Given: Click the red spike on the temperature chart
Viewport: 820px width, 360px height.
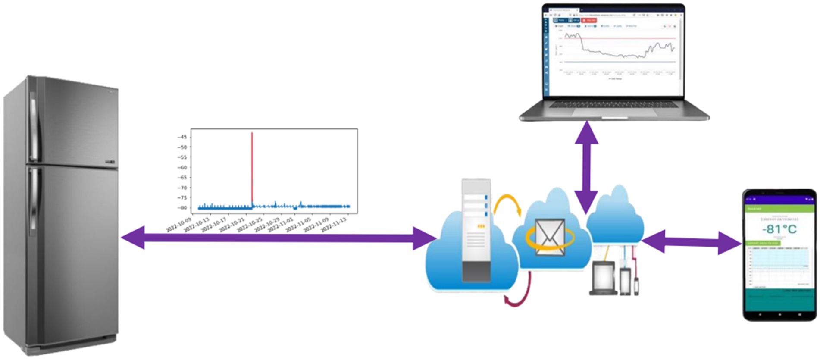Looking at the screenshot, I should click(252, 168).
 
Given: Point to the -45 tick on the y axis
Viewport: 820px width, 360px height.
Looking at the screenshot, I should click(183, 137).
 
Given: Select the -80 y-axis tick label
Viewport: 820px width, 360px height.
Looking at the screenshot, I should click(183, 208).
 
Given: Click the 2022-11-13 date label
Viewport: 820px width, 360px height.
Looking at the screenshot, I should click(335, 224).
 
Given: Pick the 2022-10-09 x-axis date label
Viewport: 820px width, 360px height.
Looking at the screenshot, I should click(179, 225).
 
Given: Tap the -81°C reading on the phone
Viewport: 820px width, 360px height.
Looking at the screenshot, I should click(779, 229).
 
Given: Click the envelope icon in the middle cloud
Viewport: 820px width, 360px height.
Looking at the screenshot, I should click(549, 237).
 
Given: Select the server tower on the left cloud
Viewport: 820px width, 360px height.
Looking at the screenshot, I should click(476, 231).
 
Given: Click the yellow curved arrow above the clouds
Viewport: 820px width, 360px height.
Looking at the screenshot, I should click(507, 203).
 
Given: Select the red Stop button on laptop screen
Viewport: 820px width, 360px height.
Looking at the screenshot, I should click(589, 20).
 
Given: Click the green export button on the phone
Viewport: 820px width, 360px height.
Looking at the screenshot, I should click(763, 244).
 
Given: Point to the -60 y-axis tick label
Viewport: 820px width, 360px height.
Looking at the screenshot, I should click(183, 167).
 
